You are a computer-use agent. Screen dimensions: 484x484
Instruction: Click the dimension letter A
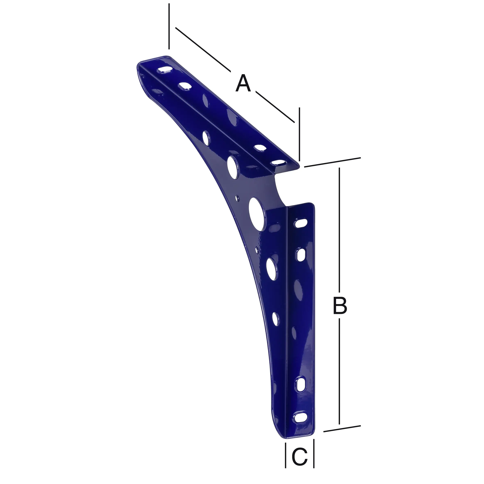pos(243,83)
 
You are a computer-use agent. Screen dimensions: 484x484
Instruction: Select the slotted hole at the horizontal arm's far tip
pos(164,70)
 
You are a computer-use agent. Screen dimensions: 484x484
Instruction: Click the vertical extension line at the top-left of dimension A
pos(169,26)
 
